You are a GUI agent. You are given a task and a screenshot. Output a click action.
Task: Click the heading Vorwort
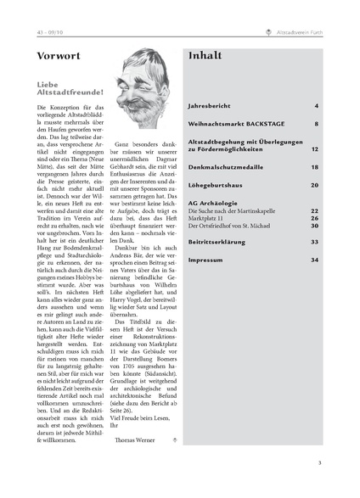point(59,57)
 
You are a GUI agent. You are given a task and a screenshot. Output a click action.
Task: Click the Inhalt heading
point(205,56)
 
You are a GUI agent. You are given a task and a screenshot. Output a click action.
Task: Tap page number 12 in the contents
point(314,148)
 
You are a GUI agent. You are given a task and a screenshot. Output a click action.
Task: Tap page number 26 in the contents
point(314,218)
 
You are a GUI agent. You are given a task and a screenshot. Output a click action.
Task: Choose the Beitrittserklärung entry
point(217,242)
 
